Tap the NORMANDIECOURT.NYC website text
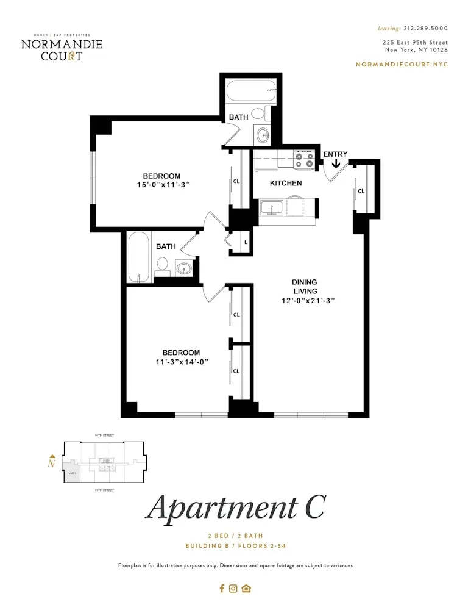point(402,64)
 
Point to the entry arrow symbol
point(336,164)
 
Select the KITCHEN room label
point(286,183)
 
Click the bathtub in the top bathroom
point(250,93)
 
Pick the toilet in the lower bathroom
point(162,267)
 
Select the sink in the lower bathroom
point(183,268)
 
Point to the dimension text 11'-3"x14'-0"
point(181,361)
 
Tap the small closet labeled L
point(245,242)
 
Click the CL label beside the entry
point(361,191)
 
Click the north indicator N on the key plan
point(52,464)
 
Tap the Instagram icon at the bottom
point(233,589)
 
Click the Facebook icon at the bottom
point(222,589)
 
